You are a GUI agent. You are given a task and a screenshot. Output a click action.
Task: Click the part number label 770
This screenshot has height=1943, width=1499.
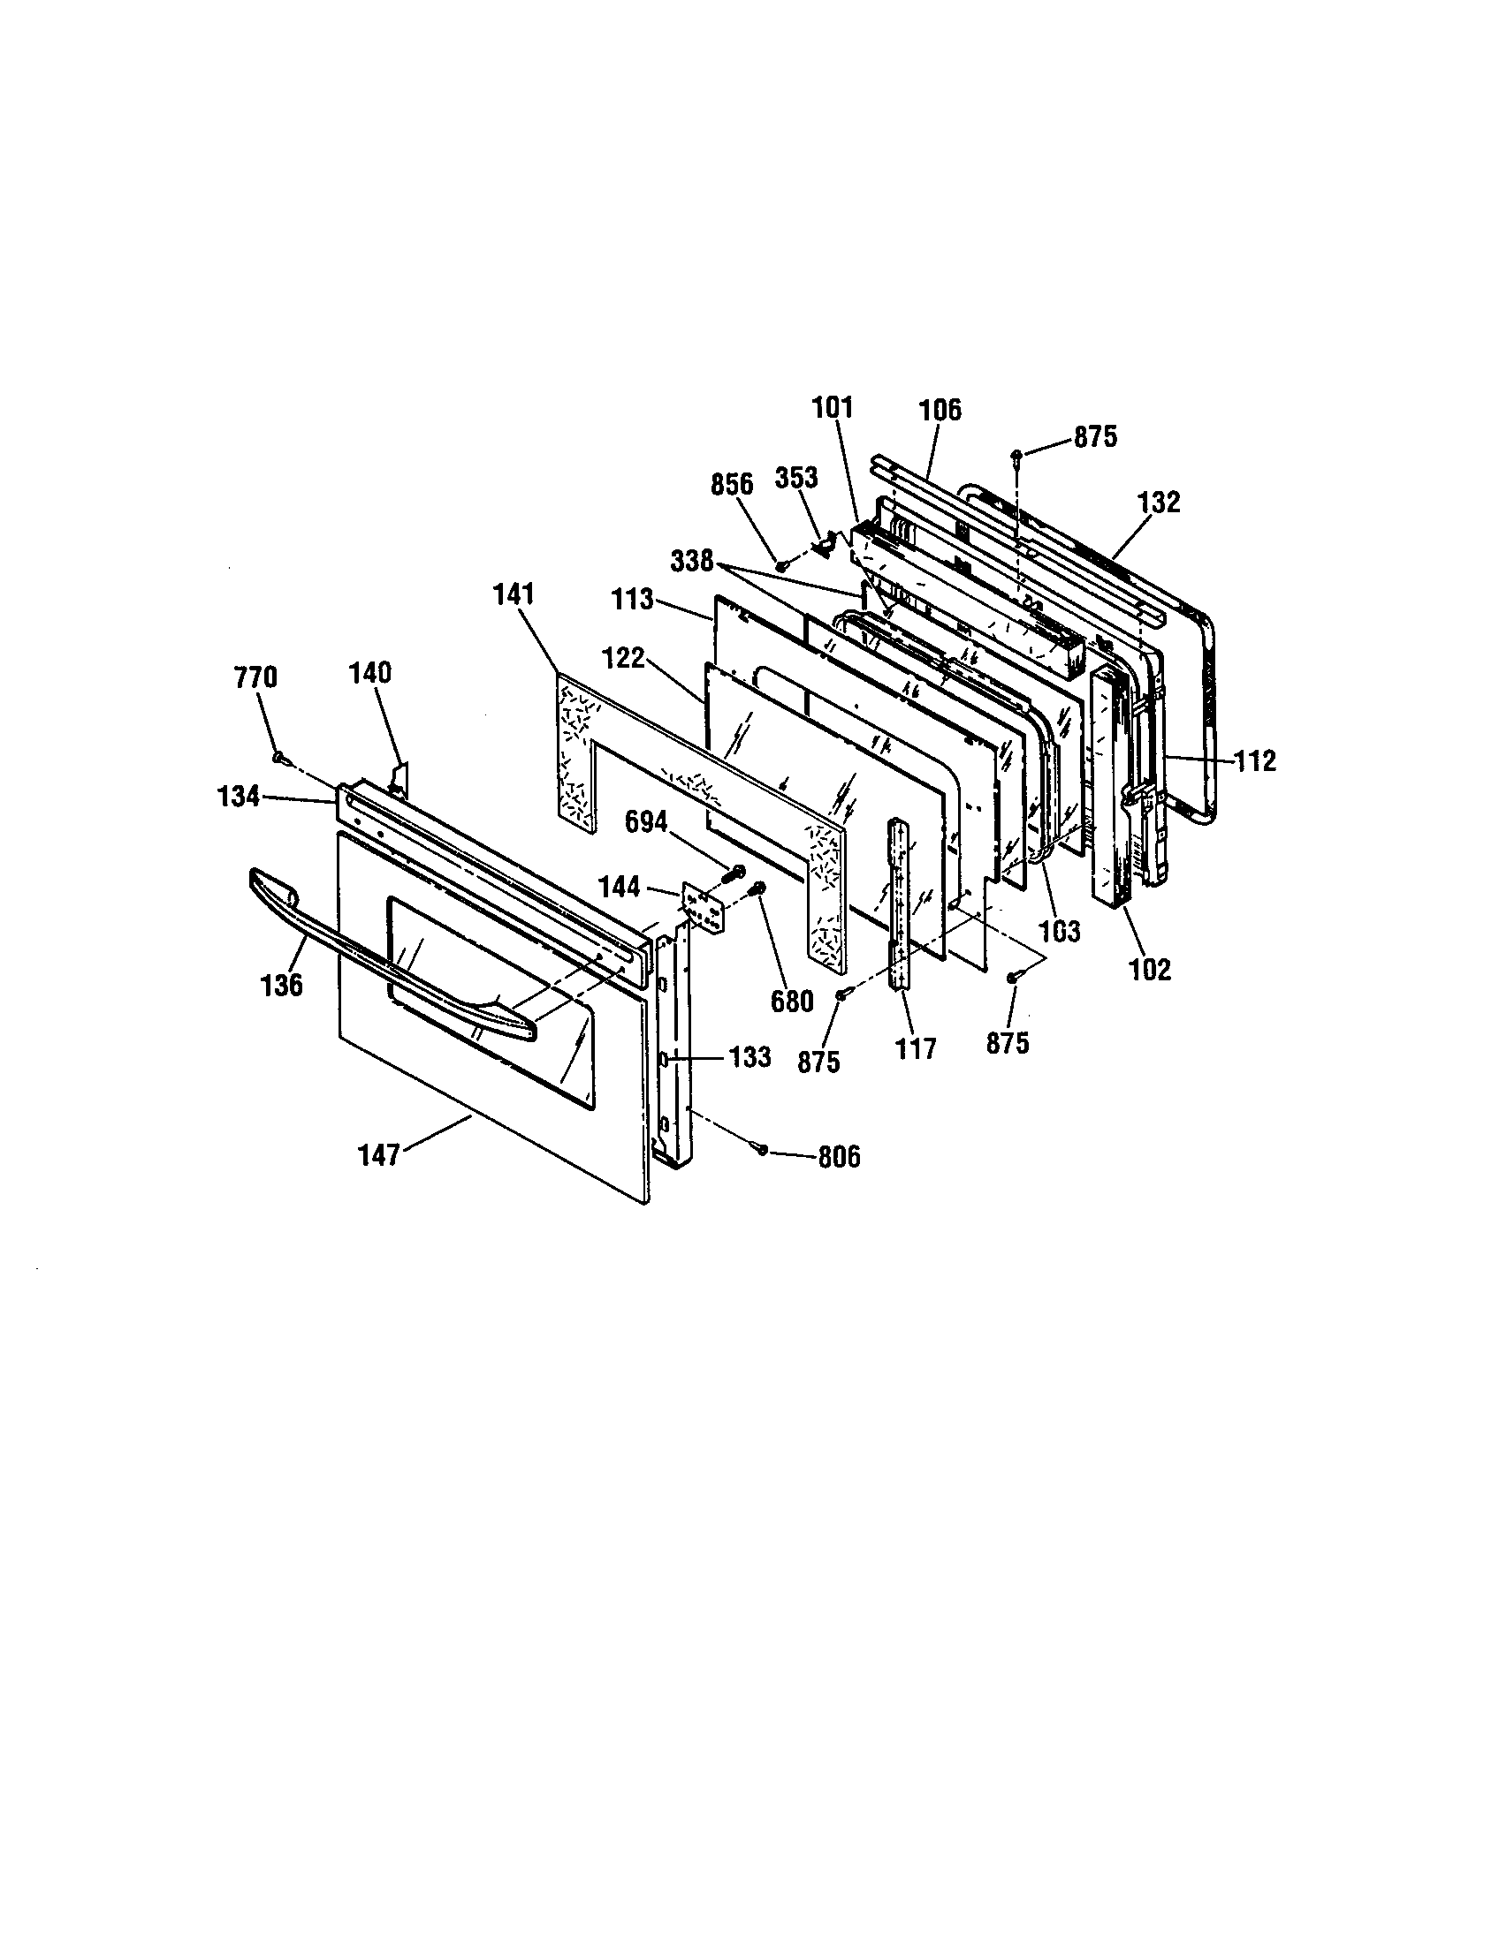pos(255,678)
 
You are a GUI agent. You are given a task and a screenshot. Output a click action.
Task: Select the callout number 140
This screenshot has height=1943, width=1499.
pos(370,673)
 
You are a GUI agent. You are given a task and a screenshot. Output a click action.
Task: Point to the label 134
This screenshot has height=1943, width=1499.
pos(239,797)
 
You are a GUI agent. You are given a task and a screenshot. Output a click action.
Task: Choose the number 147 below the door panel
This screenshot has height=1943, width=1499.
pos(379,1156)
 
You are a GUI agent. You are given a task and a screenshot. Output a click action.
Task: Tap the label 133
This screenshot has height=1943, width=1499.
pos(750,1057)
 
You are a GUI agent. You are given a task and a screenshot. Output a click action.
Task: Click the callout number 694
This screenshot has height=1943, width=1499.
pos(646,822)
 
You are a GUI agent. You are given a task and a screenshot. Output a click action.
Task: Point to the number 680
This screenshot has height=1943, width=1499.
pos(791,1002)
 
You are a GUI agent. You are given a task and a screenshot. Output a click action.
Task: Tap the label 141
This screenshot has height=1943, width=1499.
pos(514,594)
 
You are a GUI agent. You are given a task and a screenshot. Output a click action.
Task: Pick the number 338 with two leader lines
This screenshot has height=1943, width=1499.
pos(693,561)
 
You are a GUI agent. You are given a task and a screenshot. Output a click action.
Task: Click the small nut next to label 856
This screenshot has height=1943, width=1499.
pos(780,564)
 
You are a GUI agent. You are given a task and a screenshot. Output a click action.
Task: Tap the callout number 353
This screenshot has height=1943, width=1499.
pos(795,477)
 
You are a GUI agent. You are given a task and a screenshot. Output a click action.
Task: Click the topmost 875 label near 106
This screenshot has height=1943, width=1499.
pos(1094,437)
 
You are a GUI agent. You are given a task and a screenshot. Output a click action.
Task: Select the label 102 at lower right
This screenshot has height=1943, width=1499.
pos(1150,969)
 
